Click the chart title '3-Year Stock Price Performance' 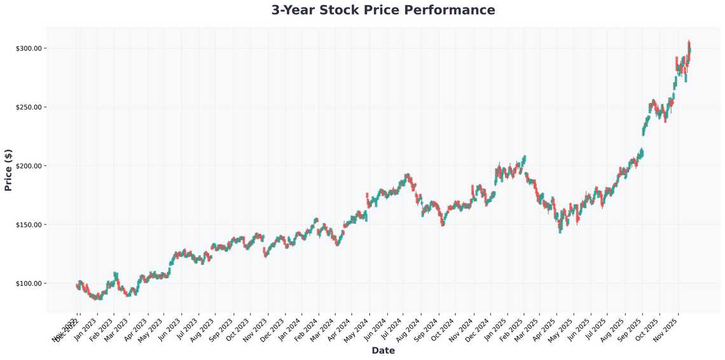[x=383, y=10]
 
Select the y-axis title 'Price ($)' [x=8, y=170]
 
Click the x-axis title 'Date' [x=383, y=350]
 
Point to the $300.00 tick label [x=28, y=48]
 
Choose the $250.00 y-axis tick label [x=28, y=107]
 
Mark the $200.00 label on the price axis [x=28, y=166]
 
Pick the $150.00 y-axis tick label [x=28, y=225]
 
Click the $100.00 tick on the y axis [x=28, y=284]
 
